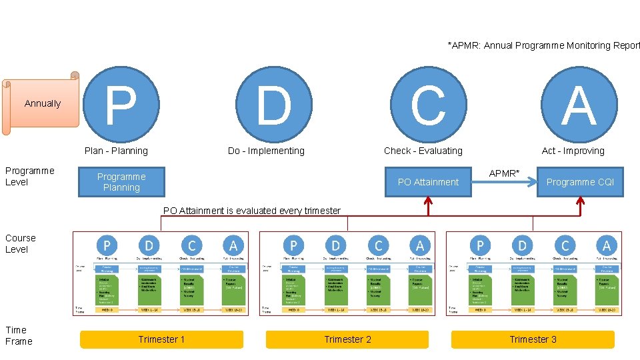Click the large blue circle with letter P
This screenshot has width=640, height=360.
[121, 105]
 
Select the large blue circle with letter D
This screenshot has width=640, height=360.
[275, 105]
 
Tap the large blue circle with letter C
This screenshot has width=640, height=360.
[427, 105]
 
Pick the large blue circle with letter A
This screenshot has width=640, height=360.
[579, 105]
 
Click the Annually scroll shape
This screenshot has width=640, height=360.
[42, 103]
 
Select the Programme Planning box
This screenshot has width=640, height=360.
[121, 182]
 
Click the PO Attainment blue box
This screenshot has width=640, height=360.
[428, 182]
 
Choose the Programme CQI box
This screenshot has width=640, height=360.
[580, 182]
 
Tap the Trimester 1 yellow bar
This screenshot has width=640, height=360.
[161, 339]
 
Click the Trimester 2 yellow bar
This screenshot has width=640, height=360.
[347, 339]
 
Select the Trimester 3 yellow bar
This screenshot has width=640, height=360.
[533, 339]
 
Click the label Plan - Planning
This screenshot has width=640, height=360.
[116, 151]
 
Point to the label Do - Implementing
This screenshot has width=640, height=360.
[266, 151]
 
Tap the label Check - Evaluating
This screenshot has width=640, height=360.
[423, 151]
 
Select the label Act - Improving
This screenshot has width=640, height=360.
[573, 151]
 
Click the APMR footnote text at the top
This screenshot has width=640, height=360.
[543, 45]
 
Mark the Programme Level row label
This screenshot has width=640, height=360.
[29, 176]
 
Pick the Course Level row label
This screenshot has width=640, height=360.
[21, 243]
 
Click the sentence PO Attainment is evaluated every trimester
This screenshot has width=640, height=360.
[252, 211]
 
